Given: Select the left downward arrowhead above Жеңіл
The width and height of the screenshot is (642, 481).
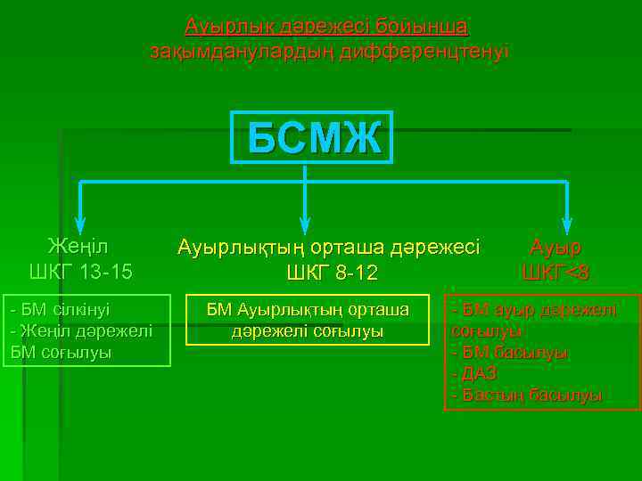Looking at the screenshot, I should [80, 224].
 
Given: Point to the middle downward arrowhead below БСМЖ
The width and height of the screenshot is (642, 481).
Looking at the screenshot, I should [305, 224].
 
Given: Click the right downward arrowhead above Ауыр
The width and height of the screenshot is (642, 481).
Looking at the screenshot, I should [566, 224].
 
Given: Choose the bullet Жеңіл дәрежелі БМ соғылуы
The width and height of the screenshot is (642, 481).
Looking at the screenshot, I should [79, 340].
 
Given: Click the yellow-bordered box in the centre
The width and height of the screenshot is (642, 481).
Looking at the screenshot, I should [308, 320].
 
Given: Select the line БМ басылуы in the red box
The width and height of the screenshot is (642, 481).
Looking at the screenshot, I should [511, 352].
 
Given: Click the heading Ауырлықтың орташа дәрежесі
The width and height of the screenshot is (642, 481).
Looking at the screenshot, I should [329, 247].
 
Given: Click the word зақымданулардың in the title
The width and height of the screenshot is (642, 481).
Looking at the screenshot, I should [237, 51].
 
